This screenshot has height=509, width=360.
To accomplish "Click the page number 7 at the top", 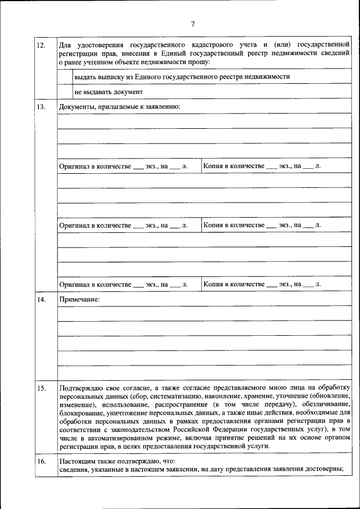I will (192, 24).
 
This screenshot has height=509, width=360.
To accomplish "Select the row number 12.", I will (40, 44).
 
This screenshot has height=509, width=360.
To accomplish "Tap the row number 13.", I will (40, 107).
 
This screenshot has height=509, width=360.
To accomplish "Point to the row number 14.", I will (40, 300).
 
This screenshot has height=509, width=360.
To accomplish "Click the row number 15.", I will (40, 388).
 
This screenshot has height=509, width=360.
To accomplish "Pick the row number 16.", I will (40, 462).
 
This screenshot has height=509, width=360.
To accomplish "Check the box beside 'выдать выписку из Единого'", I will (65, 76).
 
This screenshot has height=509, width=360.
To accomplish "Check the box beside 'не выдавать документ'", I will (65, 91).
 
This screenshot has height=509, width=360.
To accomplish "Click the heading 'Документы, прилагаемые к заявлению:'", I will (119, 107).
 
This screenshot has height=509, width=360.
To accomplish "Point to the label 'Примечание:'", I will (79, 300).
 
